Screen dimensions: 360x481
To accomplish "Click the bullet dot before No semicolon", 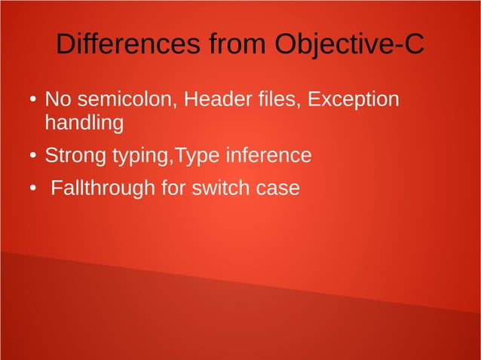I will point(33,101).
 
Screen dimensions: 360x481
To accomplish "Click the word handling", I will point(84,123).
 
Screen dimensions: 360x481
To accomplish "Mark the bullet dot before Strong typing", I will point(33,157).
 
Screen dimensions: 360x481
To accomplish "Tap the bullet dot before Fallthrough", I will point(33,189).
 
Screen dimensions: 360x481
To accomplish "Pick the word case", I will point(278,188).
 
